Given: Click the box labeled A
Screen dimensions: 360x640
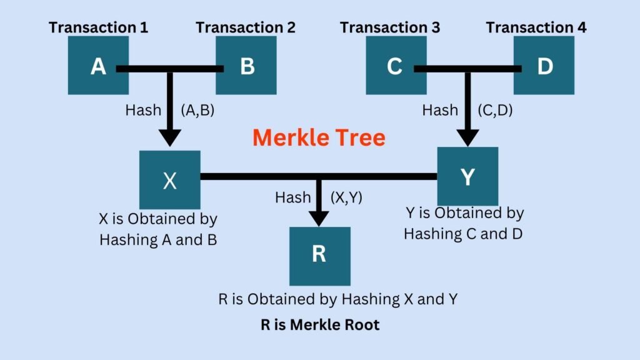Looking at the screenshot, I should click(x=98, y=66).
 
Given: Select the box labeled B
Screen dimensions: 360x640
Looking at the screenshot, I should click(x=246, y=66).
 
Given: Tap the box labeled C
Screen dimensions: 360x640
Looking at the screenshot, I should click(x=394, y=66).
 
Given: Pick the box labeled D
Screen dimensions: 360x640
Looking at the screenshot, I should click(x=544, y=66).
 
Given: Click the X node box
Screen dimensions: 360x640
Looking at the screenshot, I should click(x=170, y=180).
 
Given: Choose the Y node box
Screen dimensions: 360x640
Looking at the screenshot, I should click(x=467, y=177).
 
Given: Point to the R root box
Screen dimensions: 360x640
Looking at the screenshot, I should click(x=319, y=256).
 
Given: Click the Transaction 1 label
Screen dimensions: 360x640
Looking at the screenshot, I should click(x=98, y=27).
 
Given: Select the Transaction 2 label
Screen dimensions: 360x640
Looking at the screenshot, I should click(x=246, y=27).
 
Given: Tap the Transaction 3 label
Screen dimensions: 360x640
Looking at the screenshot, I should click(x=390, y=27).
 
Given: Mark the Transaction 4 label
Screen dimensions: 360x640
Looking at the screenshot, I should click(x=536, y=27).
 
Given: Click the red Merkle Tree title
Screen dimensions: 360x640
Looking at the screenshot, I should click(x=319, y=137).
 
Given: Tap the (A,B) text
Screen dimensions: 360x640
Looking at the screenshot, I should click(x=197, y=110).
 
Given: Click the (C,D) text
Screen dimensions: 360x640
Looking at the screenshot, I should click(x=494, y=110).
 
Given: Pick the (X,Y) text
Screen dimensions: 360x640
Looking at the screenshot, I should click(x=346, y=197).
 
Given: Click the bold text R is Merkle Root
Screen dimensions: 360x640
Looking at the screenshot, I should click(x=320, y=325).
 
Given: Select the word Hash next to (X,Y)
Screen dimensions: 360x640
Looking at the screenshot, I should click(x=292, y=197).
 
